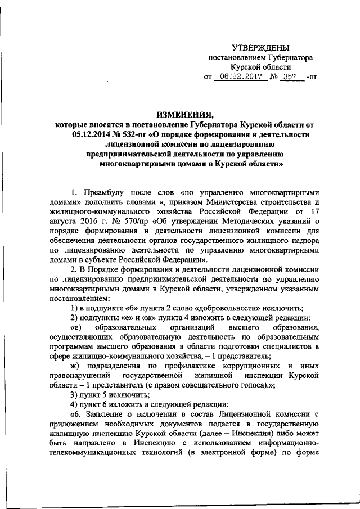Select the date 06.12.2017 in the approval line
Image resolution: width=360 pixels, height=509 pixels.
point(242,77)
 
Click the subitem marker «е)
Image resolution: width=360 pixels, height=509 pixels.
point(76,327)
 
